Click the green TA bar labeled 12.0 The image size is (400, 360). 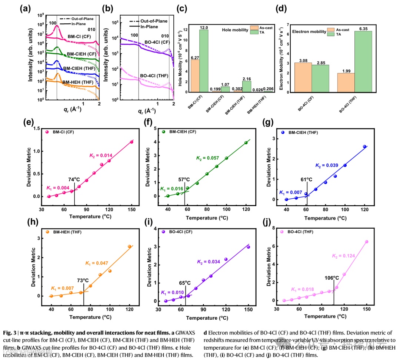(x=204, y=61)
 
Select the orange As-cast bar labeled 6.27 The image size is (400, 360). (x=195, y=76)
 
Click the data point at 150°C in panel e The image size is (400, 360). (x=131, y=142)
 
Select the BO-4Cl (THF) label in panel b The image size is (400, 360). (x=154, y=76)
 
